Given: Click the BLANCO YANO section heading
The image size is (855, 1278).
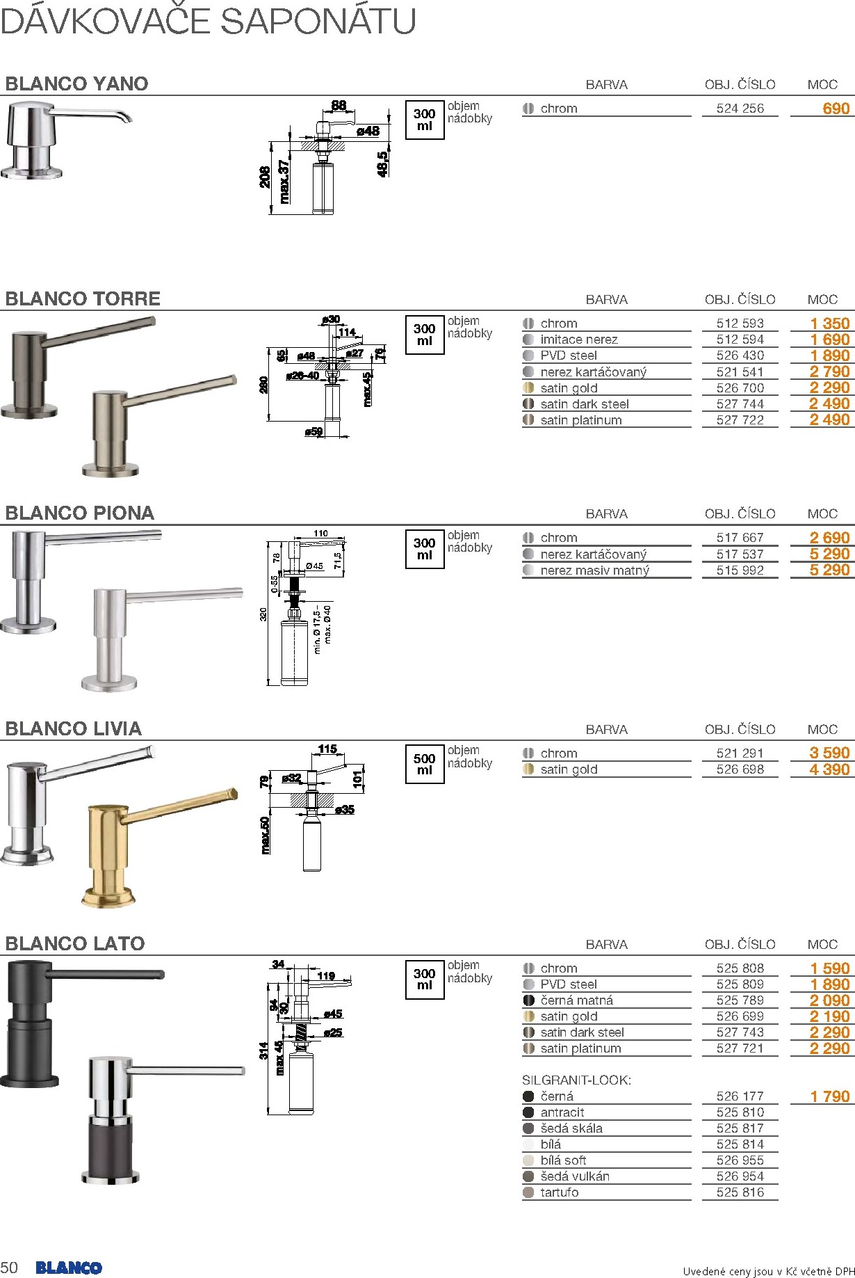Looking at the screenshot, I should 76,84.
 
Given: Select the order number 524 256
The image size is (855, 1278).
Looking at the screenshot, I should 740,109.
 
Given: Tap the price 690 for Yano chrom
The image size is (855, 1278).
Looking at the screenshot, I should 835,109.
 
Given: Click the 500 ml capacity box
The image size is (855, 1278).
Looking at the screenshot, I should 424,764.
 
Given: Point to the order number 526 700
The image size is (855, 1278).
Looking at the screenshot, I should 740,388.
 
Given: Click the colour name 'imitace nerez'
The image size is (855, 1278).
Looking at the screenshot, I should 578,340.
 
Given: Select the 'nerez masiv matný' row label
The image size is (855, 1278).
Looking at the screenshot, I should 594,570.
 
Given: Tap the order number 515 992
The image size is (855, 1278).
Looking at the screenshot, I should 740,570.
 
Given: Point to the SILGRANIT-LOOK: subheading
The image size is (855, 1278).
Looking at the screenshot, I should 576,1080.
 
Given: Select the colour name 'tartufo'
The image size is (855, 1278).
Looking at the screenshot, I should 559,1192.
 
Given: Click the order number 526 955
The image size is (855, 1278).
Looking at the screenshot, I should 740,1160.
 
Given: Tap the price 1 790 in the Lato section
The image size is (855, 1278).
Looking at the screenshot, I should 829,1096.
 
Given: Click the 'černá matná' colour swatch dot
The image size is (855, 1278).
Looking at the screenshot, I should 528,1000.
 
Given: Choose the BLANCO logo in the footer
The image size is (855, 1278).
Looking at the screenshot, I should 69,1268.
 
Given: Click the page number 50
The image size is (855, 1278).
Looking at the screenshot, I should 10,1267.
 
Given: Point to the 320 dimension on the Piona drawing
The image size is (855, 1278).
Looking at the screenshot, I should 263,614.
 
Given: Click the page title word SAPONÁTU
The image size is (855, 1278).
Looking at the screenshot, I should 318,21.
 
